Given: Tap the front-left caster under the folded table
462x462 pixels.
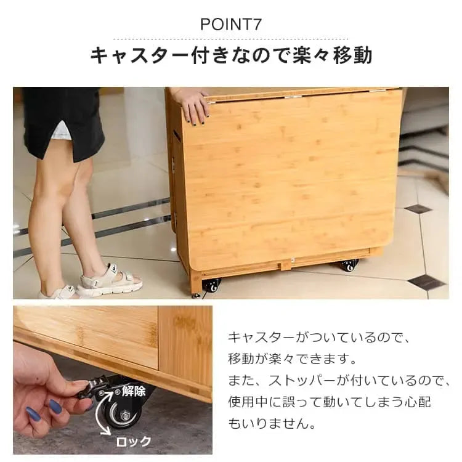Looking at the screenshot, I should click(x=211, y=285).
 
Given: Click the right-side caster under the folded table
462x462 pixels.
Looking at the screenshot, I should click(x=348, y=265).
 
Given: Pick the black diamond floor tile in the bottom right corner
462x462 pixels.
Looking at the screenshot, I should click(x=426, y=282).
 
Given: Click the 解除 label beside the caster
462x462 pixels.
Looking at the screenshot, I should click(x=134, y=390).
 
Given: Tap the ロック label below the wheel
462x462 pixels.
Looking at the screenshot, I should click(x=134, y=441).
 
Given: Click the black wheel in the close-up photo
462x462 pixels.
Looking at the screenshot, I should click(x=120, y=413).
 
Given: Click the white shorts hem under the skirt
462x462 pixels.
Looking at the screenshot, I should click(x=62, y=131).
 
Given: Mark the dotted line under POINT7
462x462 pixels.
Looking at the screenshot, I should click(x=230, y=39).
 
